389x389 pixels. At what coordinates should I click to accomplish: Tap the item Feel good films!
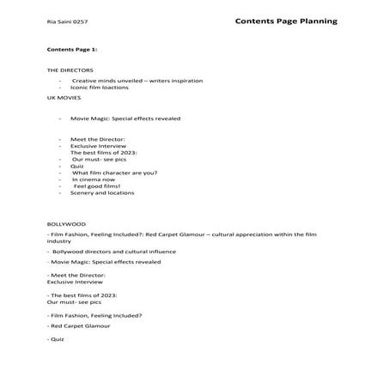pos(96,185)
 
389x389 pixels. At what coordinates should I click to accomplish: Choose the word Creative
pos(86,81)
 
